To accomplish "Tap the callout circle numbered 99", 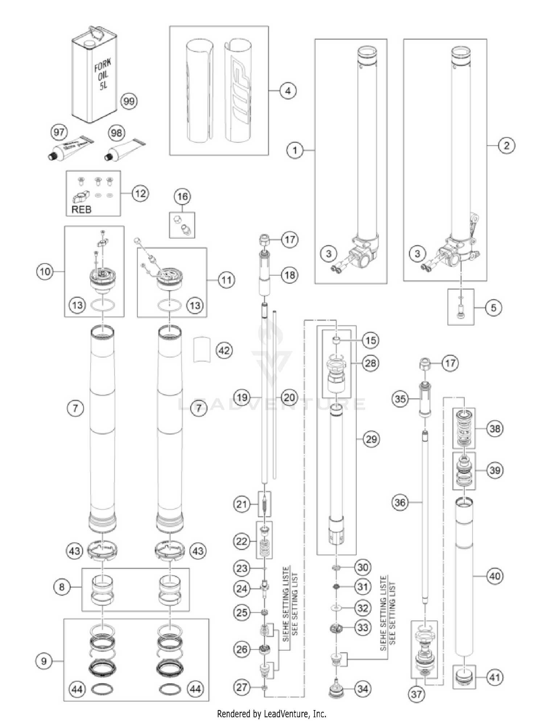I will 129,101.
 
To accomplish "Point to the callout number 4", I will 288,91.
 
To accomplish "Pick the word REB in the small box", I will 82,209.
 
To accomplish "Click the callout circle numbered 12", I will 140,193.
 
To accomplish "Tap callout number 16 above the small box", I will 182,197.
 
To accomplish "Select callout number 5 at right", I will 493,308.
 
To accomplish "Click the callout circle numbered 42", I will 224,350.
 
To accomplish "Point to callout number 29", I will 371,439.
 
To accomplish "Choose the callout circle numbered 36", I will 400,502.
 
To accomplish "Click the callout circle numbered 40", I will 495,576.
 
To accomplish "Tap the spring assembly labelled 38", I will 464,428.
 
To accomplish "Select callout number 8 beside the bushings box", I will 62,586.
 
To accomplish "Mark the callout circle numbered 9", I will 44,660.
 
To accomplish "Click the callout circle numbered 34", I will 363,689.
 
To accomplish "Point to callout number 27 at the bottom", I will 242,687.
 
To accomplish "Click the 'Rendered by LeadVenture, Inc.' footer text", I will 271,714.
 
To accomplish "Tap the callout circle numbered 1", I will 294,150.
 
